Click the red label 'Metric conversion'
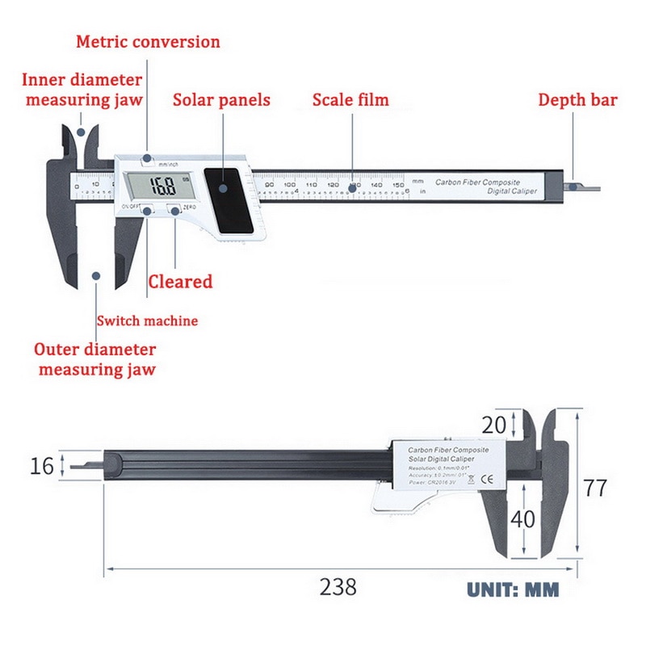(148, 41)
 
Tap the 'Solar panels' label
(221, 100)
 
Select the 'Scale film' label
(350, 100)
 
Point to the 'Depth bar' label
(577, 100)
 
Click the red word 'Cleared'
(180, 282)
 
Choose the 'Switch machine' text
(147, 321)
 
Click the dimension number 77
(595, 489)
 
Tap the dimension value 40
(523, 519)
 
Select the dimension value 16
(42, 466)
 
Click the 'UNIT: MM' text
(513, 589)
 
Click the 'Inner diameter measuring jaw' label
(82, 90)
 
